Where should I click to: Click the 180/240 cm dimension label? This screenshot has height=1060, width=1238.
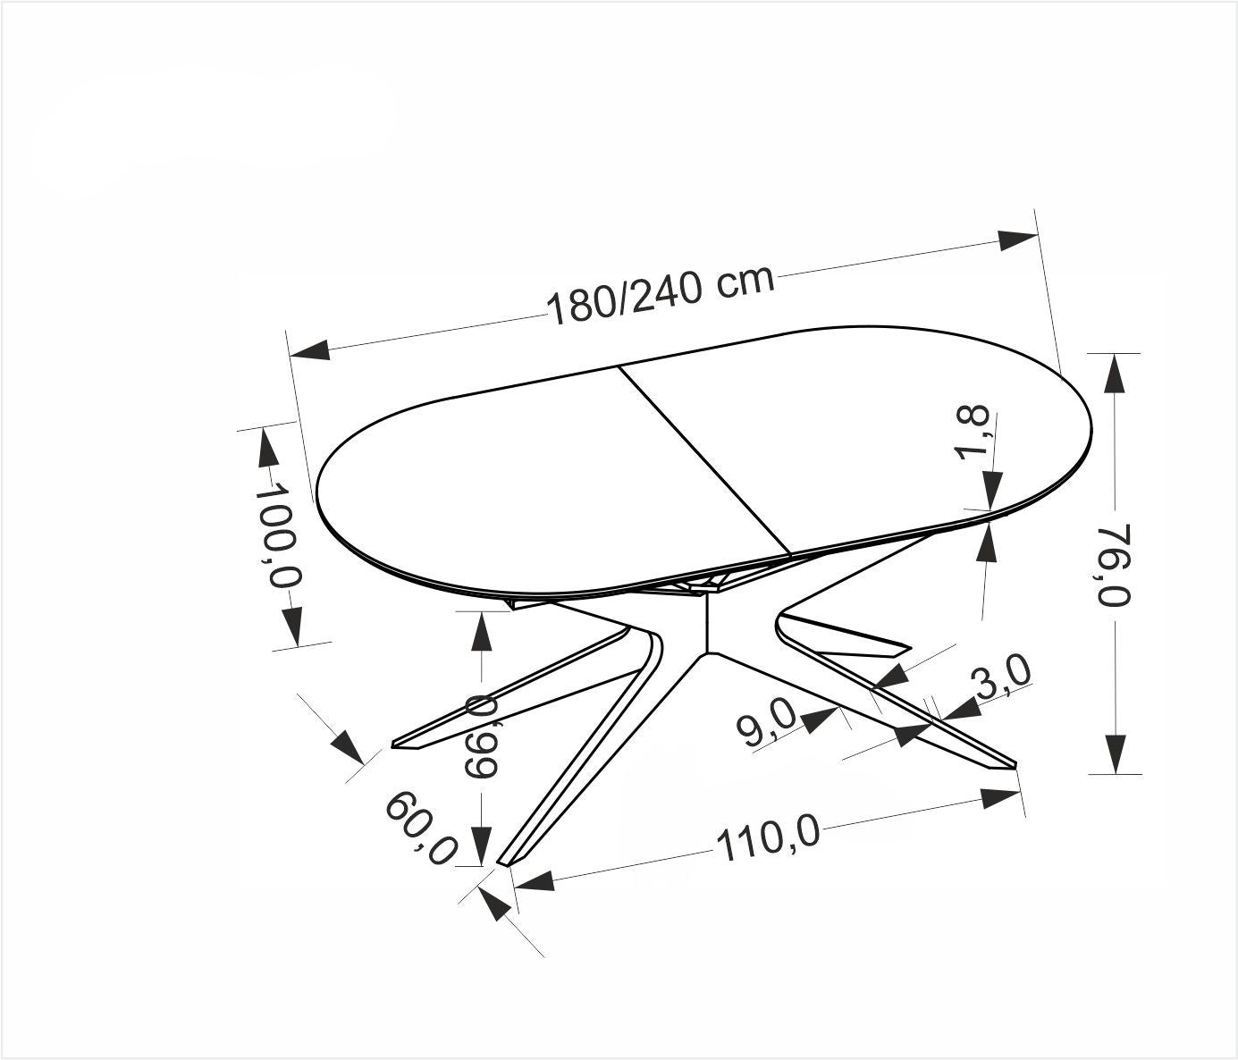660,294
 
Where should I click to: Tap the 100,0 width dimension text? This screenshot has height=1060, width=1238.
279,535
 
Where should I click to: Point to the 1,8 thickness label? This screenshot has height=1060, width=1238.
973,432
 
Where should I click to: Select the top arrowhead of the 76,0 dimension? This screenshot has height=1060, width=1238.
1114,374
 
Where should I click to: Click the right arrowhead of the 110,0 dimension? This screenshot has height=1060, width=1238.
999,796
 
